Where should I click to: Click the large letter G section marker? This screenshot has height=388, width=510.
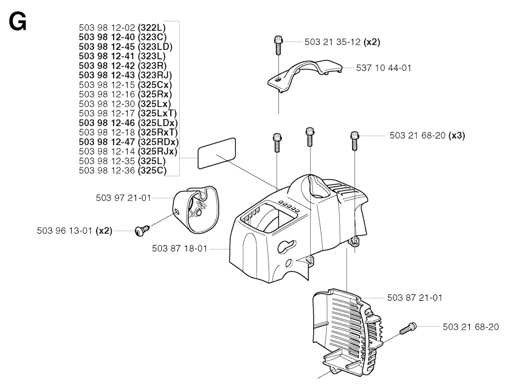click(x=18, y=22)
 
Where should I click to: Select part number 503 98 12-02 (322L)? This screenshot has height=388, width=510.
click(x=123, y=28)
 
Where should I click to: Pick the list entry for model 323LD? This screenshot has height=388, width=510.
click(x=126, y=46)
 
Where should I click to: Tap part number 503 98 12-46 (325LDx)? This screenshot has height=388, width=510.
click(x=128, y=123)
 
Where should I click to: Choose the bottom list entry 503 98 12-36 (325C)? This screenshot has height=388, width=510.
click(x=123, y=170)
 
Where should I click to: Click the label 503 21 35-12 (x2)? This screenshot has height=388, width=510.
click(x=343, y=42)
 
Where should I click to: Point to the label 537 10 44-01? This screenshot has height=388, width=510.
click(x=384, y=68)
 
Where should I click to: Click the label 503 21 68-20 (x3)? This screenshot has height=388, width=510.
click(x=427, y=135)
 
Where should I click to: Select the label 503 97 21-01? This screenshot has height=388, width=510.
click(x=124, y=198)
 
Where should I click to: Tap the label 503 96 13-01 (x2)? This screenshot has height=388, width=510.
click(x=75, y=231)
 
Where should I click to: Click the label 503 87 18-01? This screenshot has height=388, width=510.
click(x=179, y=249)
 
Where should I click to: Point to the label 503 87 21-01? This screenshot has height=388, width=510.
click(x=415, y=297)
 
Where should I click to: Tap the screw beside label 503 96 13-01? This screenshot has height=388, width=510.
click(x=142, y=230)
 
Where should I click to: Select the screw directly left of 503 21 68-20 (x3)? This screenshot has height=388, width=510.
click(x=354, y=140)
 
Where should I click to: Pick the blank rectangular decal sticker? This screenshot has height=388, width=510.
click(x=217, y=153)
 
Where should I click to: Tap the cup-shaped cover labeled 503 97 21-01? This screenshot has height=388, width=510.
click(x=195, y=210)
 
